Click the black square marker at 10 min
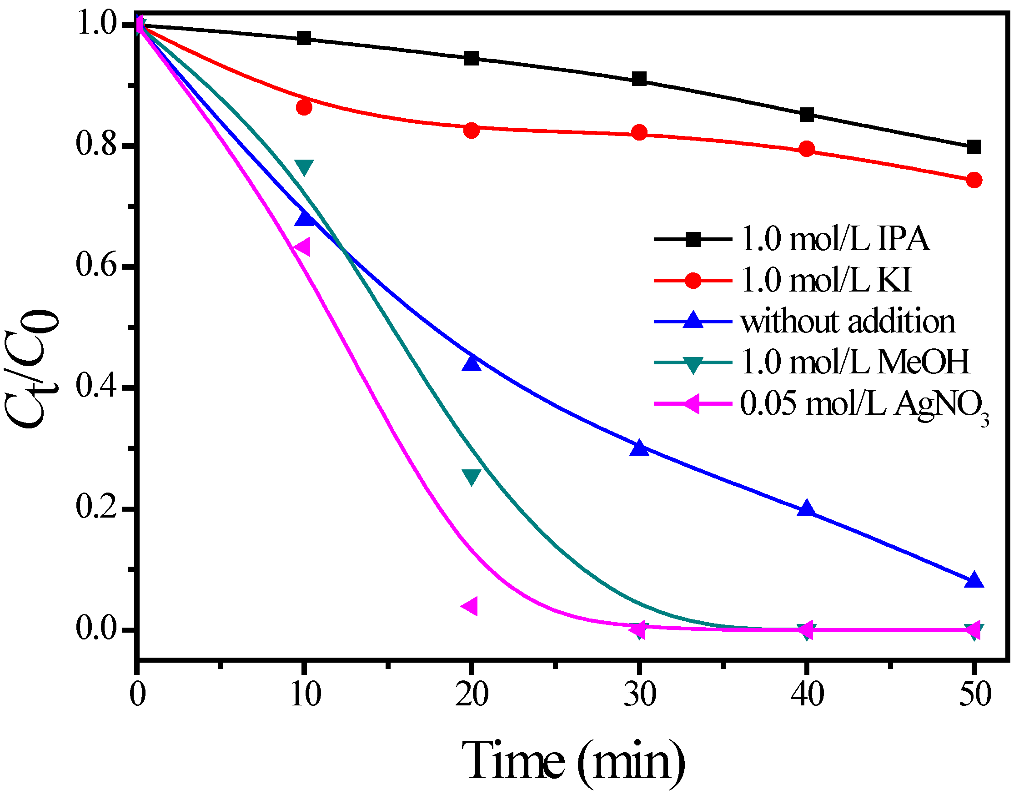304,38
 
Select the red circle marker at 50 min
974,180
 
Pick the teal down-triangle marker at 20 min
471,476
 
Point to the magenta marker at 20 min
470,606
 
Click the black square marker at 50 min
974,147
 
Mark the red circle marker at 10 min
304,107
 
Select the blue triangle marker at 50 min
974,581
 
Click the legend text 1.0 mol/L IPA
834,239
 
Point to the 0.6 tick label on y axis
96,267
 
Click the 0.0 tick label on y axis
96,629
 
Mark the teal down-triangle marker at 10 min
304,166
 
